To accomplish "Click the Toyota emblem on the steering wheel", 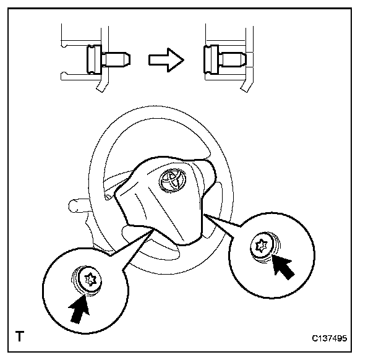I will pos(171,179).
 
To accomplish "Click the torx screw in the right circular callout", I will pos(262,246).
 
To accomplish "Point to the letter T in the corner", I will pos(20,337).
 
